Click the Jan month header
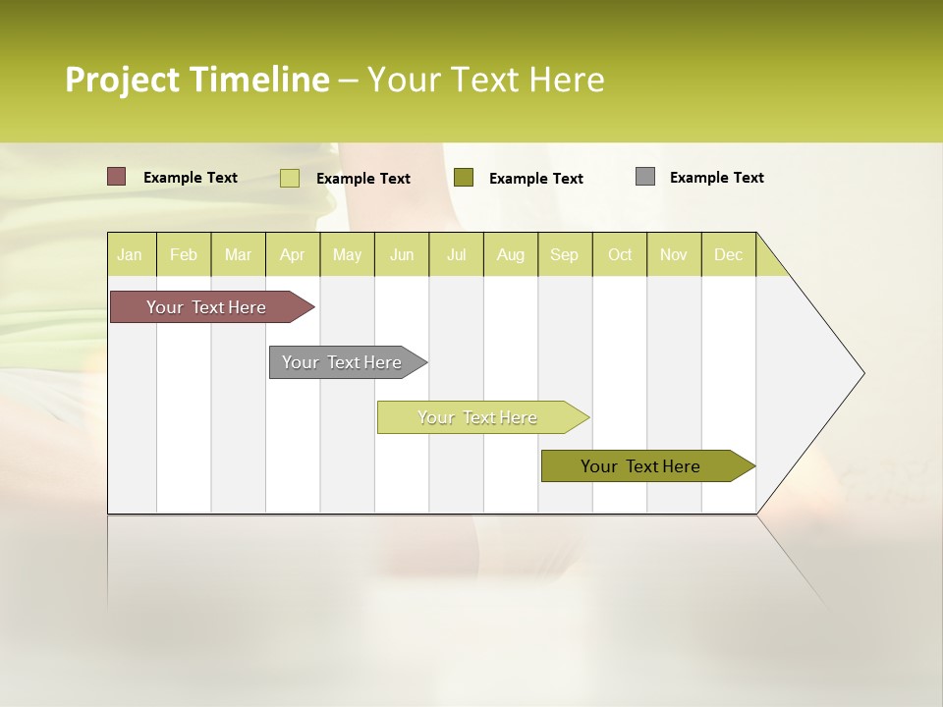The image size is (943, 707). tap(130, 254)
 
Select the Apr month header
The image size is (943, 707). tap(292, 254)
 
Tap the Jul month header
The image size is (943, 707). tap(456, 254)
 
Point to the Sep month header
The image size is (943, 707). tap(564, 254)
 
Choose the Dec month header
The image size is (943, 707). tap(728, 254)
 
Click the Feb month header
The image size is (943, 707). tap(184, 254)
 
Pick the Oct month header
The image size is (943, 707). tap(620, 254)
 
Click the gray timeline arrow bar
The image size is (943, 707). tap(344, 362)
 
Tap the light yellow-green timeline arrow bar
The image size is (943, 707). tap(478, 417)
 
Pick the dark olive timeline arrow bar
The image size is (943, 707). tap(643, 466)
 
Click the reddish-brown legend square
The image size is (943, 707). tap(116, 177)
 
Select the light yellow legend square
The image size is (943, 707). tap(289, 178)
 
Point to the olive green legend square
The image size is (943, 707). tap(464, 177)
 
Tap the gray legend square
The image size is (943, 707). tap(644, 177)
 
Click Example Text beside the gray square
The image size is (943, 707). tap(716, 178)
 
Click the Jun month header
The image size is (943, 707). tap(402, 254)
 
